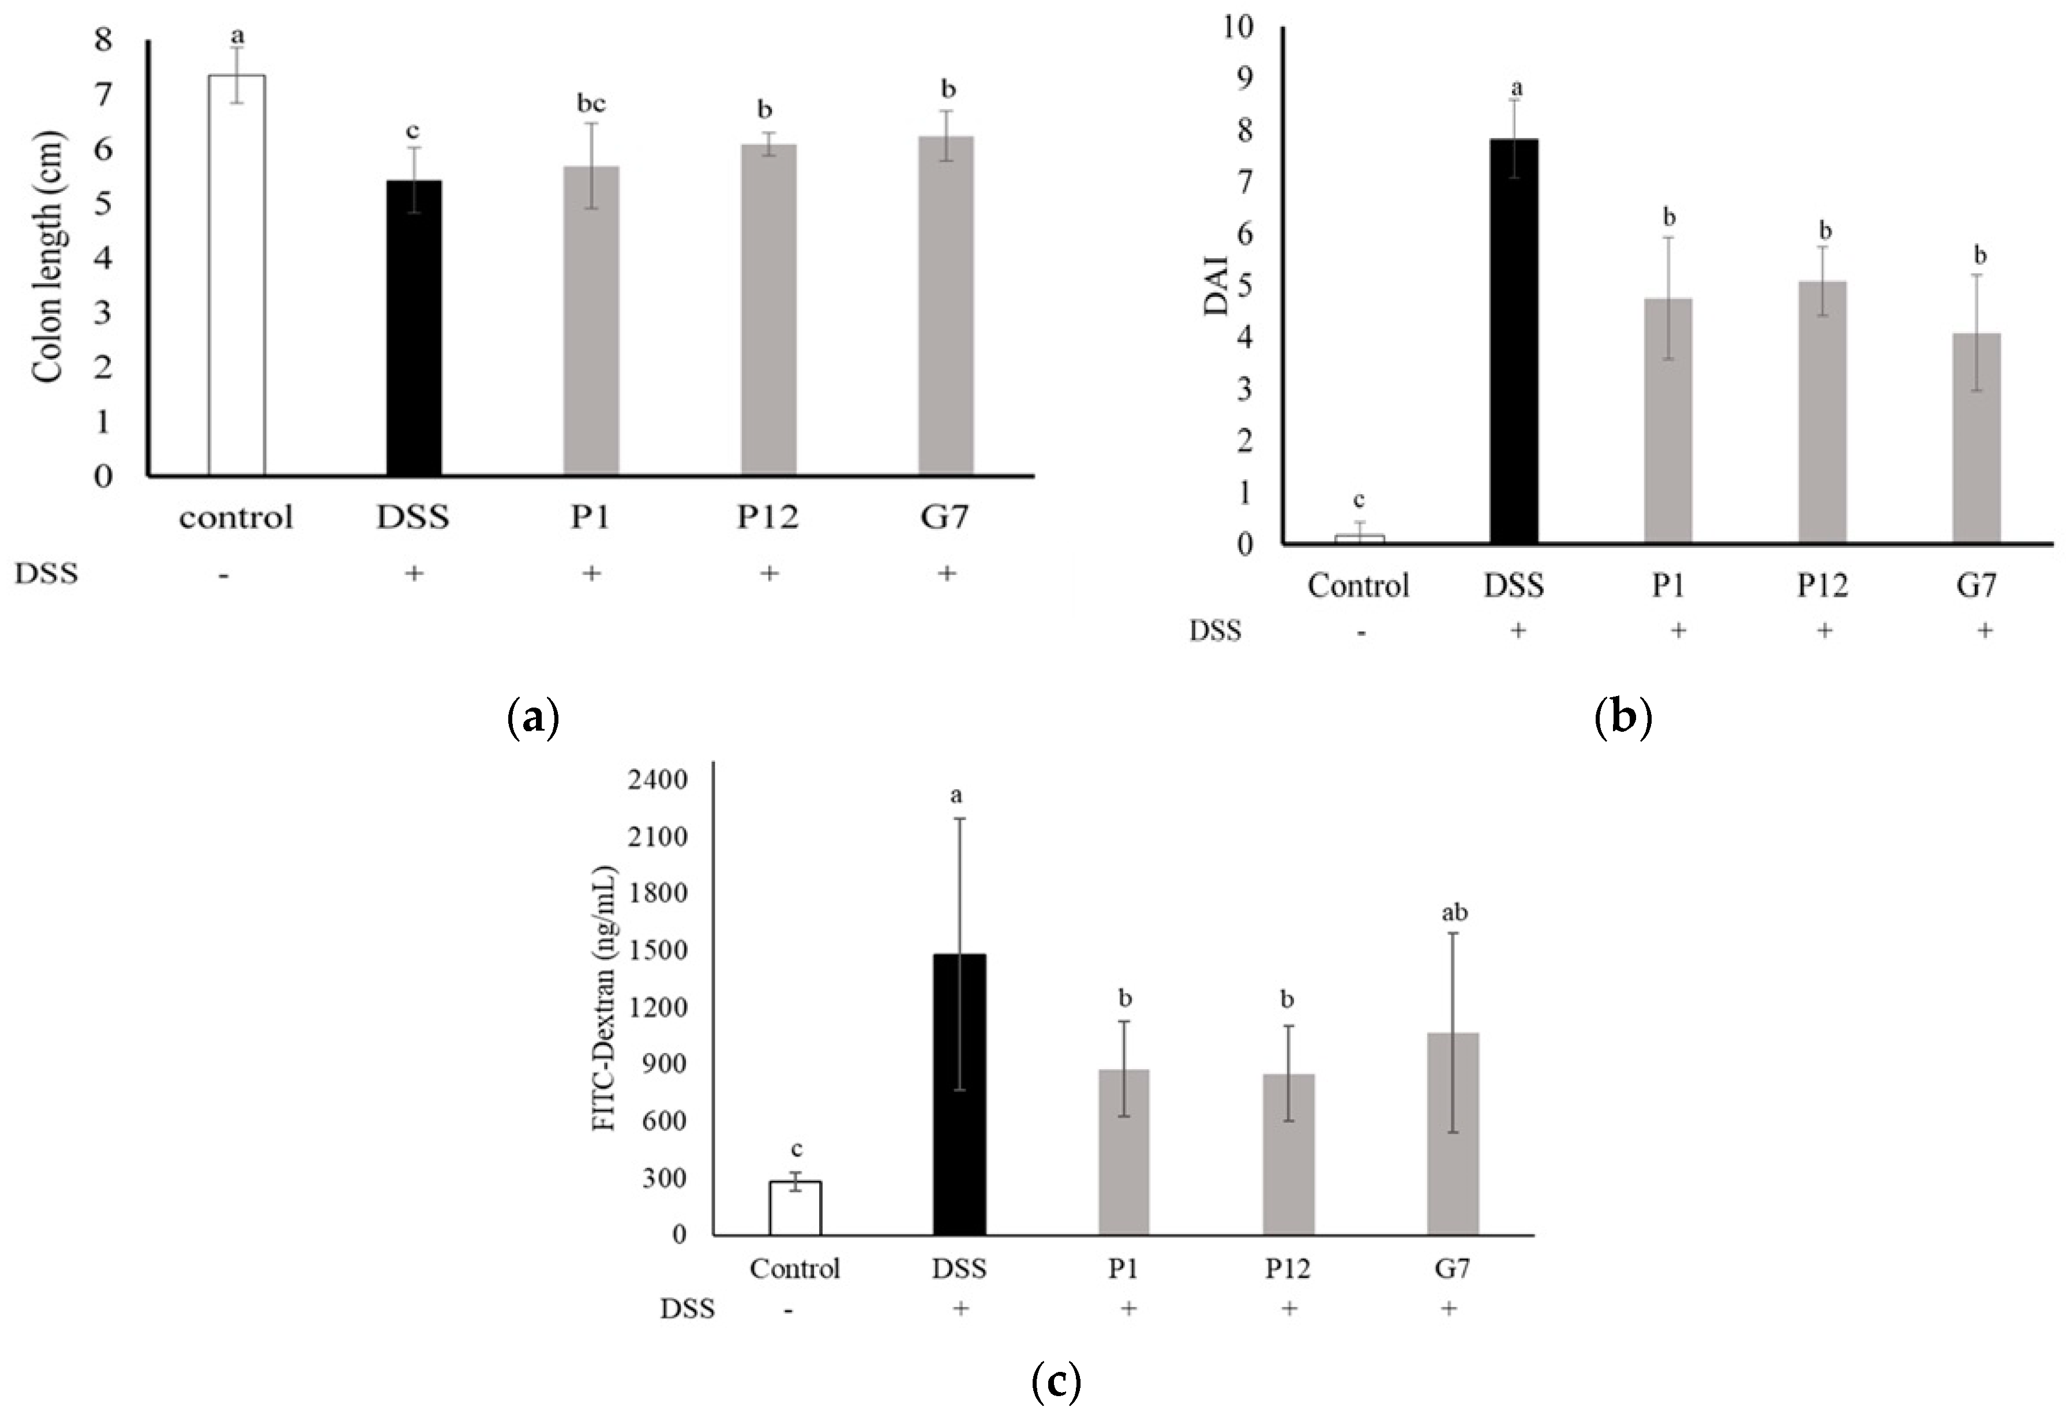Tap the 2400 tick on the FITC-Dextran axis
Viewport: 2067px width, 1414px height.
[x=657, y=780]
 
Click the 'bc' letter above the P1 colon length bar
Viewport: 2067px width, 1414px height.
[x=591, y=104]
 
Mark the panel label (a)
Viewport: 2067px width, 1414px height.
[x=532, y=717]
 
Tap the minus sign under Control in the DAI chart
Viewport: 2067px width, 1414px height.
[x=1361, y=631]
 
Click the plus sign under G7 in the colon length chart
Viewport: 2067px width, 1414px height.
[x=946, y=574]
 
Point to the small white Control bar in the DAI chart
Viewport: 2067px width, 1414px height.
[x=1359, y=539]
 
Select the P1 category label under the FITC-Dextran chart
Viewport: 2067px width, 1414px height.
[x=1123, y=1268]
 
